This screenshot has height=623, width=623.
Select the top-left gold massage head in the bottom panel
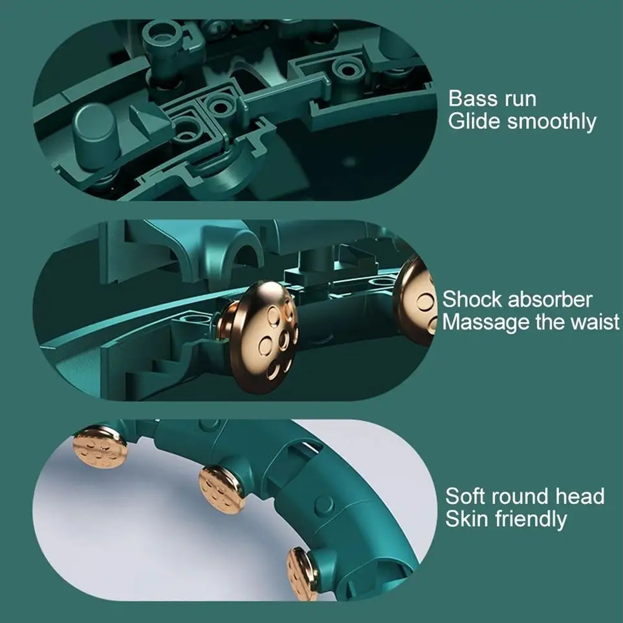[100, 448]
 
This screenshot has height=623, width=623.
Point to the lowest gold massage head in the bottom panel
[302, 574]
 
